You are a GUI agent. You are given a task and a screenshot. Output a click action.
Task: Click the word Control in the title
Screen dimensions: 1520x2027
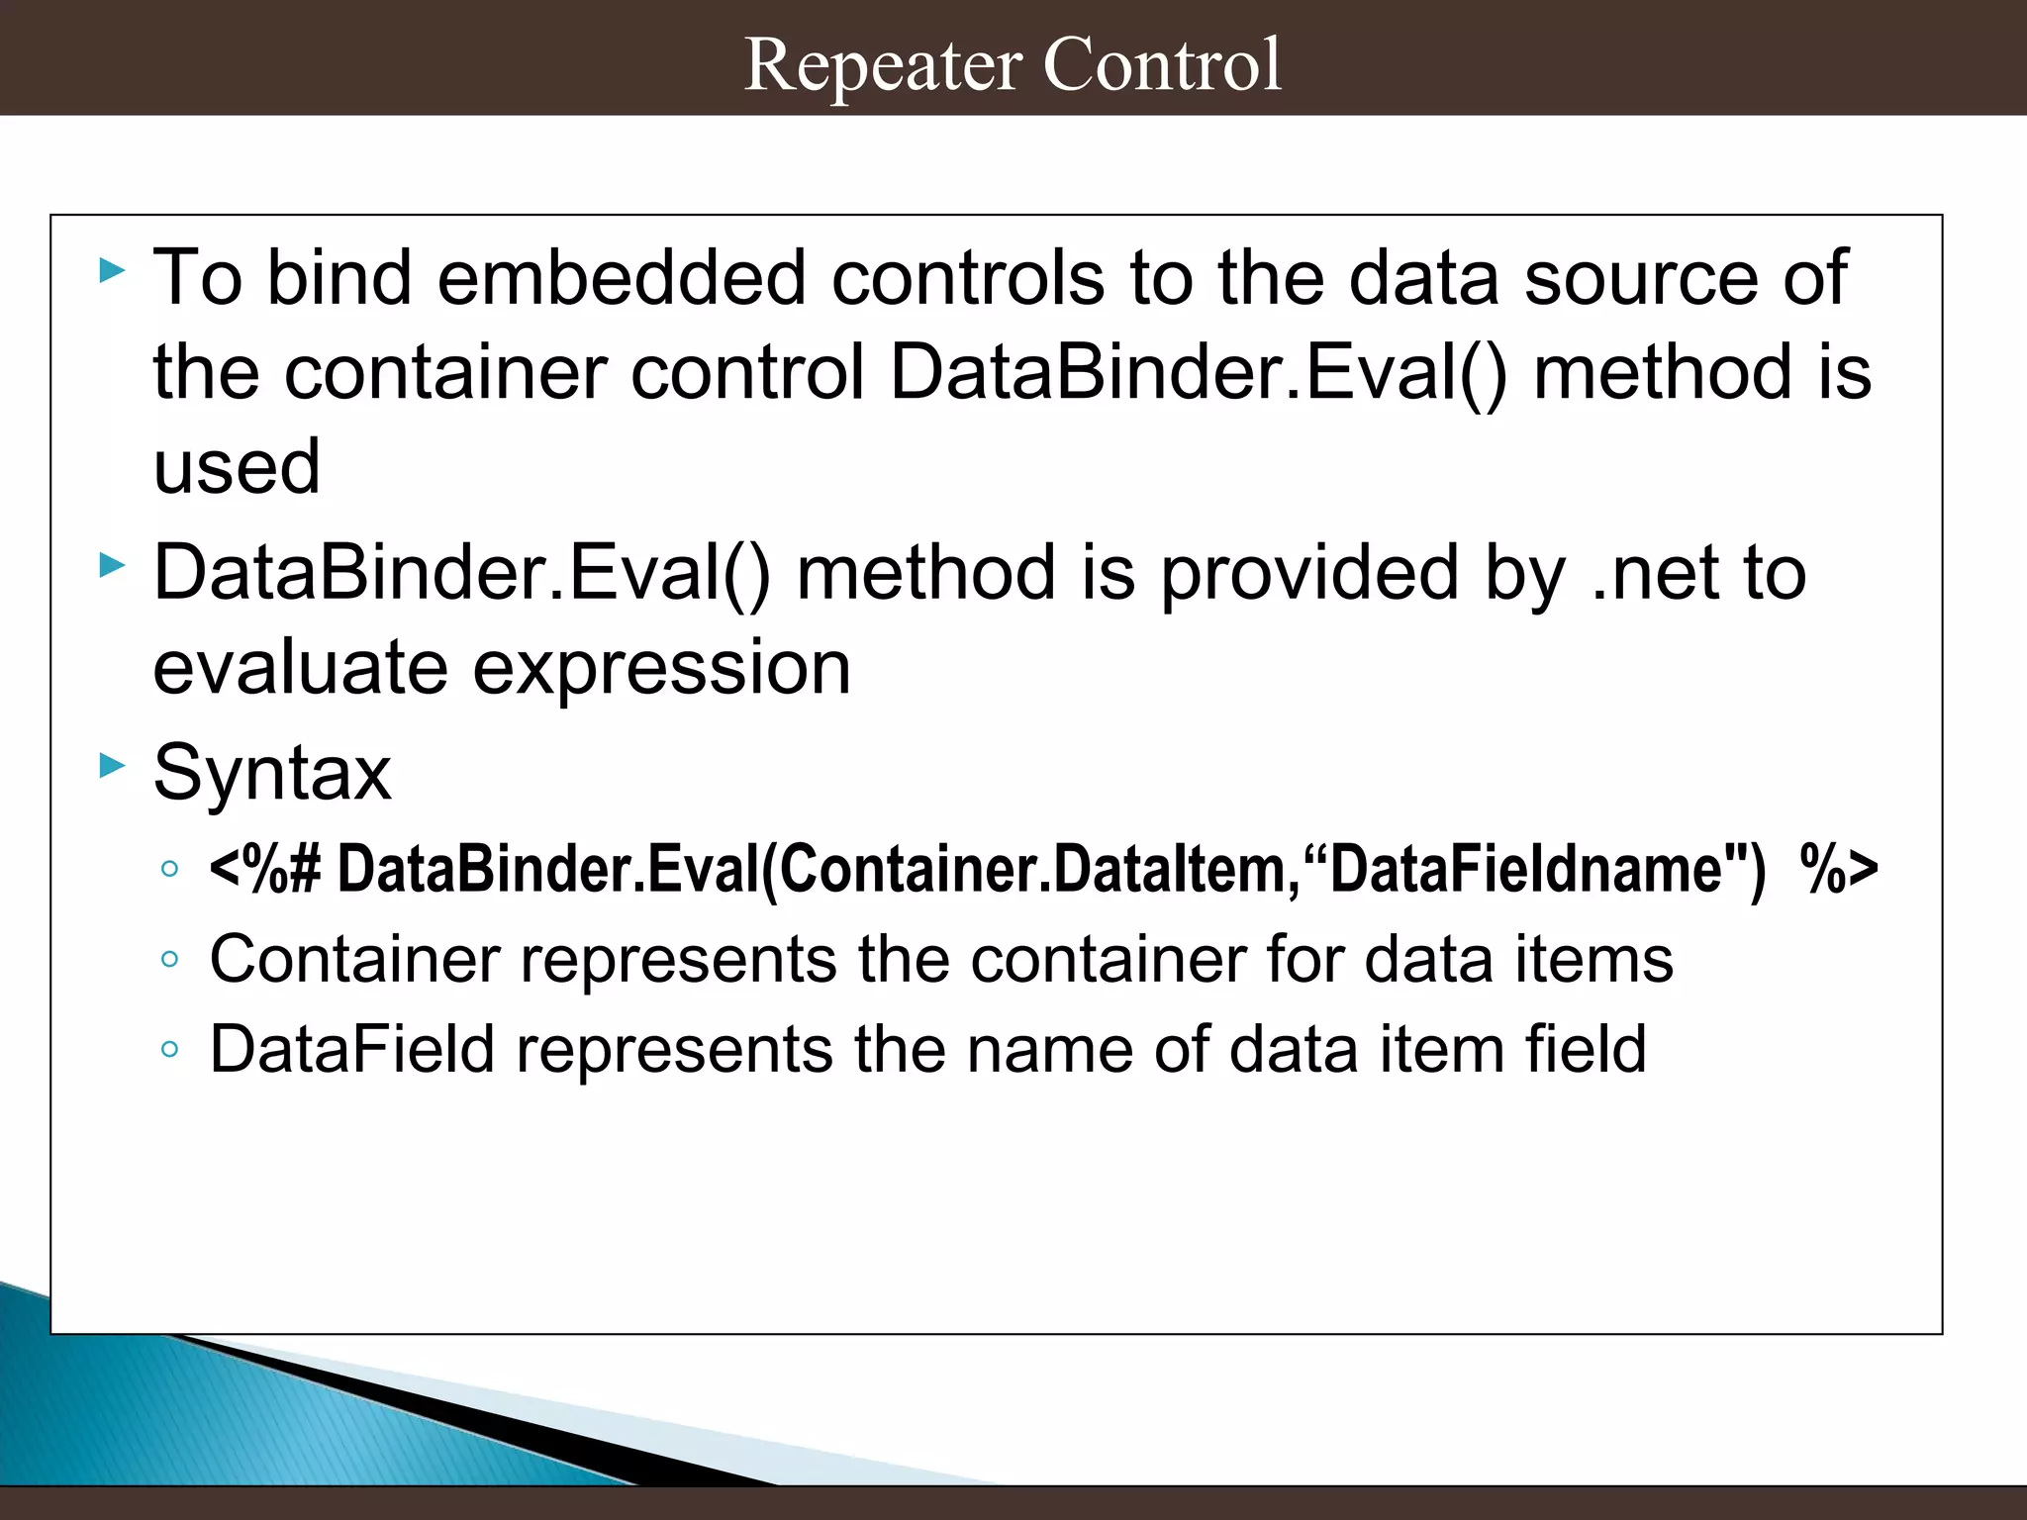pos(1162,65)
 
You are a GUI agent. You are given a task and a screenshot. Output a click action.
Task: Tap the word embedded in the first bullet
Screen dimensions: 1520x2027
pos(622,278)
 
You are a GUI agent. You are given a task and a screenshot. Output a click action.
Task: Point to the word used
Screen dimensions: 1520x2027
pos(237,466)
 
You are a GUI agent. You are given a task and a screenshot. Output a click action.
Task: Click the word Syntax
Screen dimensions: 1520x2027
pos(272,773)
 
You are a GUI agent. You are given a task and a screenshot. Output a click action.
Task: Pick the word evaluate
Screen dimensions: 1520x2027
pos(300,669)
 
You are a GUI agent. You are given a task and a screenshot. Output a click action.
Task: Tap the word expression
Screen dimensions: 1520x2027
pos(661,669)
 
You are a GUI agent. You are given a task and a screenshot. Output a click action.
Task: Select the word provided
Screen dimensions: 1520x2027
pos(1308,574)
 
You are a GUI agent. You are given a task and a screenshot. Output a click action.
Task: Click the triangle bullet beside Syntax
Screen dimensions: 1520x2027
pos(113,765)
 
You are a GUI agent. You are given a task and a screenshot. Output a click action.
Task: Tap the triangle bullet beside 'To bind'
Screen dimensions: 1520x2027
pos(113,270)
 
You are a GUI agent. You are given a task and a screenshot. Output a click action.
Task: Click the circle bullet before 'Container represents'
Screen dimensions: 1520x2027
pos(169,959)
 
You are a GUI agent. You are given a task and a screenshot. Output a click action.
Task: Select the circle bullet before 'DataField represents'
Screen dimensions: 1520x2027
pos(169,1049)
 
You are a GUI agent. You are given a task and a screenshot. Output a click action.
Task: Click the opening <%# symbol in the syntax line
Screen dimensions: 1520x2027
pos(264,869)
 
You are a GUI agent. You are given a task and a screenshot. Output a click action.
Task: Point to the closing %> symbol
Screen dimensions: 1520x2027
pos(1838,869)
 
